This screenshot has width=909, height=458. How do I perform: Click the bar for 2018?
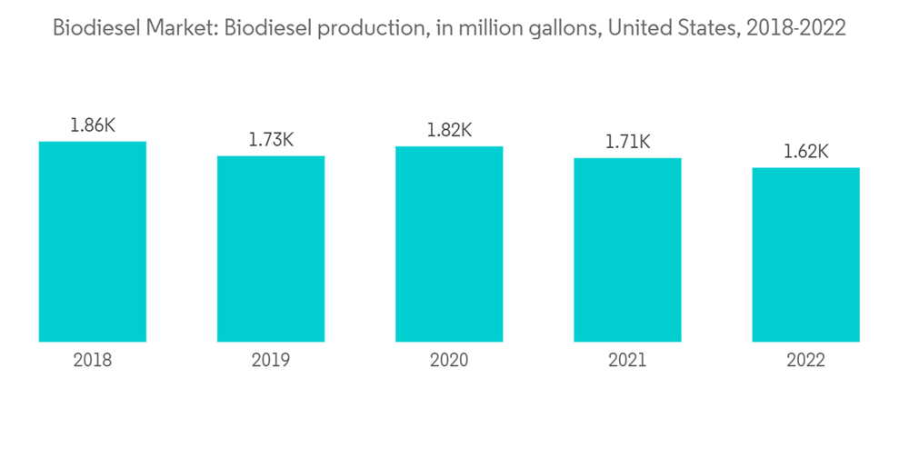[93, 242]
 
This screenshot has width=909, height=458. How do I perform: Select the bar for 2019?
[271, 249]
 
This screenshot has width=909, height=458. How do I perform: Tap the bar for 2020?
[449, 244]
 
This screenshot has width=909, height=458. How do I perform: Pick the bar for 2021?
[627, 250]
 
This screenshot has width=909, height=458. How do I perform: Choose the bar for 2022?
[805, 254]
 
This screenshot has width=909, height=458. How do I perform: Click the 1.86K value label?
[93, 126]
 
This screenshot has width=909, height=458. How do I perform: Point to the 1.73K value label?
[271, 141]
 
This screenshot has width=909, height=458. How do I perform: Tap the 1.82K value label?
[449, 131]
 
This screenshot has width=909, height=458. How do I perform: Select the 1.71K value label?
[627, 143]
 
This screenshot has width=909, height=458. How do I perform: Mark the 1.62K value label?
[805, 152]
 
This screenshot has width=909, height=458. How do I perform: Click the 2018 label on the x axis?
[93, 361]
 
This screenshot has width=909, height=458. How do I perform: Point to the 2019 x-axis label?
[271, 361]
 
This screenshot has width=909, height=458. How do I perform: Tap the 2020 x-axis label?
[449, 361]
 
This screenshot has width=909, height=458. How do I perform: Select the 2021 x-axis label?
[627, 361]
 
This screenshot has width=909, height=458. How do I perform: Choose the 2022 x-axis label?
[805, 361]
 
